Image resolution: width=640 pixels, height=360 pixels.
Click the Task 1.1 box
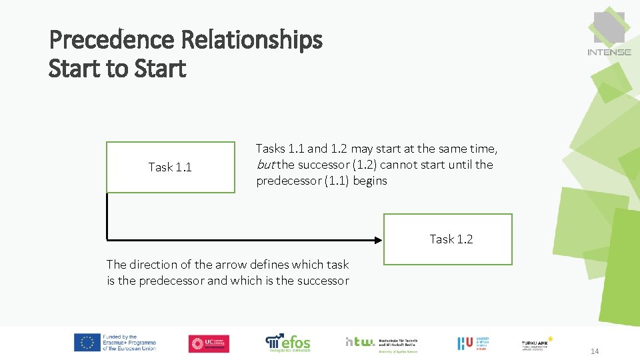click(x=170, y=167)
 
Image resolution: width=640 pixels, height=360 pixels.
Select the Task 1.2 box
click(x=447, y=239)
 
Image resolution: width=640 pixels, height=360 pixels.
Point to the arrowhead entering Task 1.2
click(x=377, y=239)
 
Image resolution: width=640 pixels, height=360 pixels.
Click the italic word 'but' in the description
click(x=265, y=165)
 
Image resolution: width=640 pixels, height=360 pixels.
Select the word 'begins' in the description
click(x=370, y=181)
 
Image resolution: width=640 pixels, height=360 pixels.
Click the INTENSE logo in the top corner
click(x=609, y=34)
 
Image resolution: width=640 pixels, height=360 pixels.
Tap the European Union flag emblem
click(x=87, y=343)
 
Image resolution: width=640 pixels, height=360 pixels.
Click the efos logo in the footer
click(x=288, y=343)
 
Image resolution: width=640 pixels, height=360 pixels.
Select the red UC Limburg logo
click(x=209, y=343)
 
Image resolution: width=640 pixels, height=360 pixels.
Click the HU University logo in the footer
click(x=476, y=343)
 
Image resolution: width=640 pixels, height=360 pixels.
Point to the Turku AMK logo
click(x=537, y=343)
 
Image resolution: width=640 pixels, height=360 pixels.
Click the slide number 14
click(x=595, y=351)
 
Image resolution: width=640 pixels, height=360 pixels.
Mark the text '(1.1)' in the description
click(x=337, y=181)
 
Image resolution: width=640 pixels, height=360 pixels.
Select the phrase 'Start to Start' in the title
click(x=117, y=69)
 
